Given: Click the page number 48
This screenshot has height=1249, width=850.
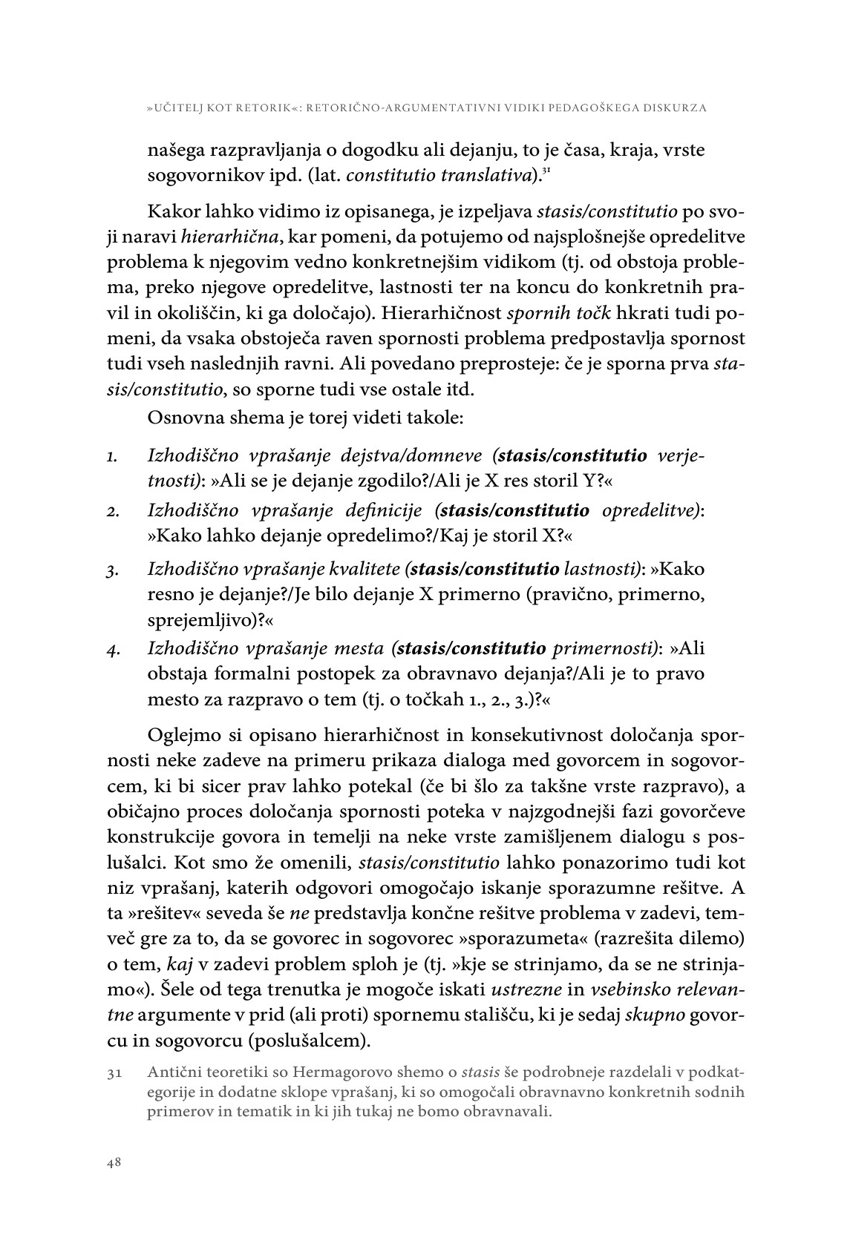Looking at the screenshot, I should pos(114,1162).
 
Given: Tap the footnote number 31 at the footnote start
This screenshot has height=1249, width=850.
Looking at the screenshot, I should pos(114,1072).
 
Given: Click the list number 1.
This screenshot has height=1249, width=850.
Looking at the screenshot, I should pos(111,457).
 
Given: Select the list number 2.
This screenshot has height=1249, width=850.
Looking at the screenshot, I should pos(111,512).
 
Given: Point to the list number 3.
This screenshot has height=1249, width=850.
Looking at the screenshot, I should pos(111,572).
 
